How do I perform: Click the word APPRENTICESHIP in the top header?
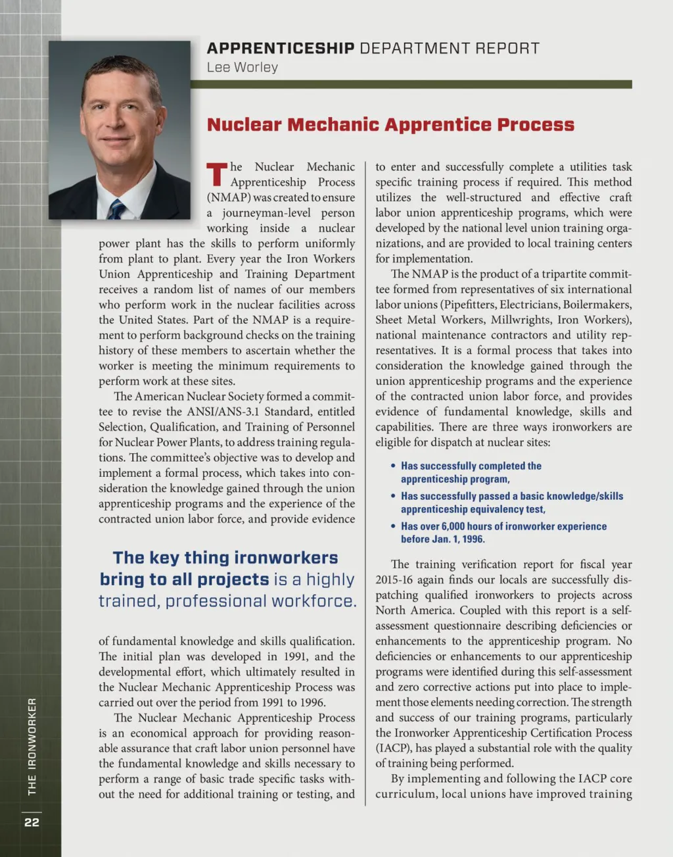[x=281, y=48]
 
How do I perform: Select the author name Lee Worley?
[x=242, y=67]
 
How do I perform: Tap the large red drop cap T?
[x=217, y=174]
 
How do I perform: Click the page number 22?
[x=32, y=822]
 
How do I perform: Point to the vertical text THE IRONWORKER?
[x=32, y=746]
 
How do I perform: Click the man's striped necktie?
[x=116, y=210]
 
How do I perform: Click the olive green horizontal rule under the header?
[x=411, y=84]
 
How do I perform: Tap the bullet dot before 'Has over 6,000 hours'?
[x=393, y=526]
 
